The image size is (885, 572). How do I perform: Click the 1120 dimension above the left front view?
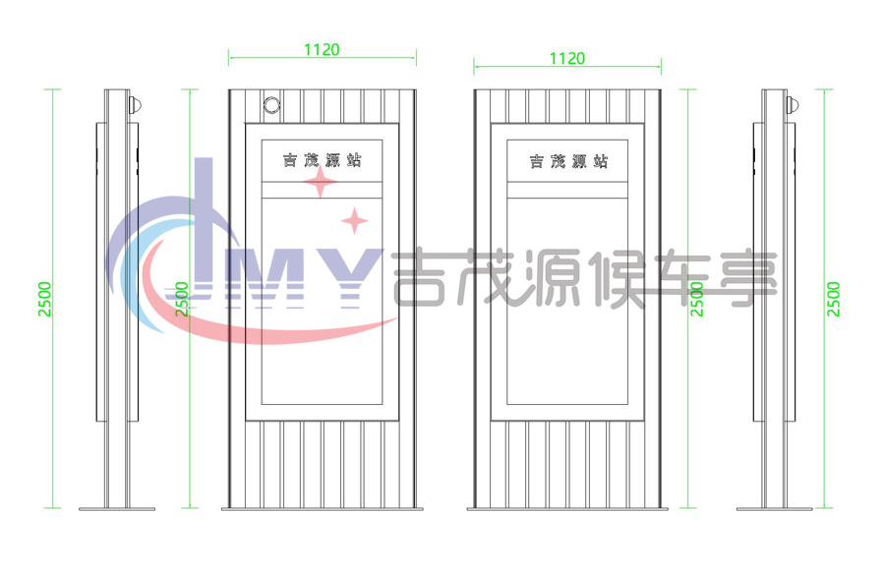322,50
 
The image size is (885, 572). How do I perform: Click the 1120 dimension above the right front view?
567,59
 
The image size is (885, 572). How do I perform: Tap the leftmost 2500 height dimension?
44,299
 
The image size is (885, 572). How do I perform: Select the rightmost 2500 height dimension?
834,299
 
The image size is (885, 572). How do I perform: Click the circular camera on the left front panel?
272,105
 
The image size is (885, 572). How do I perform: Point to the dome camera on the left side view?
135,105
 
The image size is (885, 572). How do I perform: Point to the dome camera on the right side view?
793,105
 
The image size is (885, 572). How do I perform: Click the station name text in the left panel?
323,160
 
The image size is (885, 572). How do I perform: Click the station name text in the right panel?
568,161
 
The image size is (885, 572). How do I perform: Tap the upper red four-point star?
320,182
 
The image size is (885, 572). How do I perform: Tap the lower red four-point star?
354,221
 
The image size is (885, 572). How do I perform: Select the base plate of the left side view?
117,509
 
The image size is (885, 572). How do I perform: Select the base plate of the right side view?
775,509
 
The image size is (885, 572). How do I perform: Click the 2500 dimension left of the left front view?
181,299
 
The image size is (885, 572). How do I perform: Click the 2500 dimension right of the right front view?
697,299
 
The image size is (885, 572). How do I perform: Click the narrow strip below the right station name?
567,190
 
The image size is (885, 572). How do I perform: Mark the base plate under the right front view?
567,509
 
